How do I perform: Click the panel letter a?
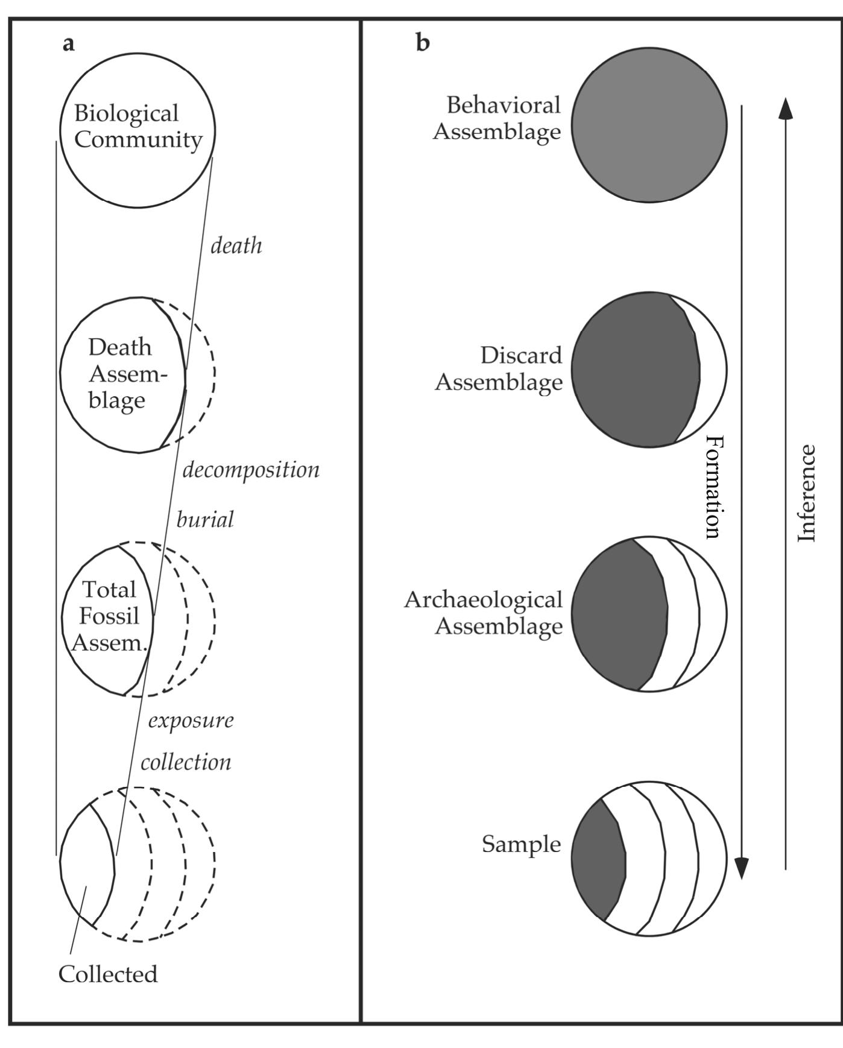69,44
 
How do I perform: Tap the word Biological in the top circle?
127,113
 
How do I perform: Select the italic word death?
236,245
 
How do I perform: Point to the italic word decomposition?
251,470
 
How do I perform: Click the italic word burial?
205,519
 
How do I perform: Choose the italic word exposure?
191,720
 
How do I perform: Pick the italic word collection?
186,762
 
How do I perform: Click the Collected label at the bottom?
108,974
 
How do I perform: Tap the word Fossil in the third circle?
109,616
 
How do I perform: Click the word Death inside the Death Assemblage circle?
120,347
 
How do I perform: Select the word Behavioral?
504,105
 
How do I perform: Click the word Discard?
521,355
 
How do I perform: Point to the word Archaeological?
483,599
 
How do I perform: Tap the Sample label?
521,844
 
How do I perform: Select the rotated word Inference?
807,493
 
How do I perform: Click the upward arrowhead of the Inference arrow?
785,109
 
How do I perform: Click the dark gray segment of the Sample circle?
598,859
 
